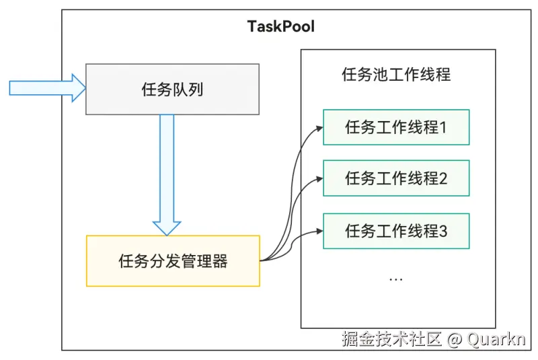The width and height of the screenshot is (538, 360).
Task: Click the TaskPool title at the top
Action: click(x=280, y=27)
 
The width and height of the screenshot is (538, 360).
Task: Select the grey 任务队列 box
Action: click(x=172, y=89)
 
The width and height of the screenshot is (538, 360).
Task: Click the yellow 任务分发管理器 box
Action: click(x=173, y=261)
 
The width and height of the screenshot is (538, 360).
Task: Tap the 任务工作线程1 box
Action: click(x=395, y=127)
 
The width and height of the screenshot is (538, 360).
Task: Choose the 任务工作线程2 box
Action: click(x=395, y=178)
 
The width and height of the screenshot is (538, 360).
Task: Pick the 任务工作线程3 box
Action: click(x=395, y=231)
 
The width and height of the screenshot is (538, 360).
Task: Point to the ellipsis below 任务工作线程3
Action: click(x=395, y=278)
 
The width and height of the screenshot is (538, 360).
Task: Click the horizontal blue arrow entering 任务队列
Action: click(x=47, y=88)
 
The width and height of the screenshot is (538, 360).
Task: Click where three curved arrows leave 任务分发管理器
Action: click(x=264, y=259)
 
